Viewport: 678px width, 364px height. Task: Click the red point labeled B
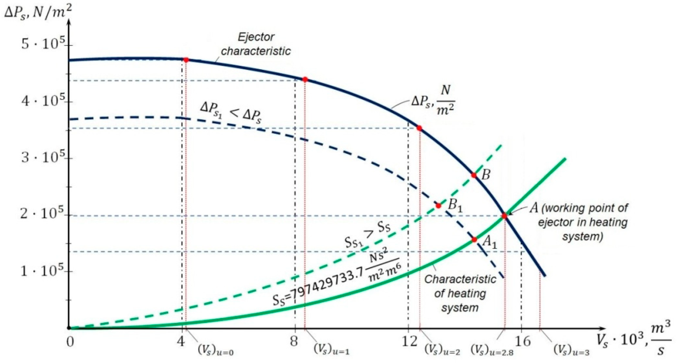474,175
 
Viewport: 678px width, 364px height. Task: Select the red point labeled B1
438,206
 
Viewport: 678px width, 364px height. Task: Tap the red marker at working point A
504,216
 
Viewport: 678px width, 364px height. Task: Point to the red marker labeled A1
474,240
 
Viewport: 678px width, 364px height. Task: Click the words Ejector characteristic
256,44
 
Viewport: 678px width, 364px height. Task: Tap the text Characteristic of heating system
460,293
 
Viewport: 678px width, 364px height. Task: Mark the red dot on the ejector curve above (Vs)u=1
305,79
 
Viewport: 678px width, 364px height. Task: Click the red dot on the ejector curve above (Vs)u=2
419,128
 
